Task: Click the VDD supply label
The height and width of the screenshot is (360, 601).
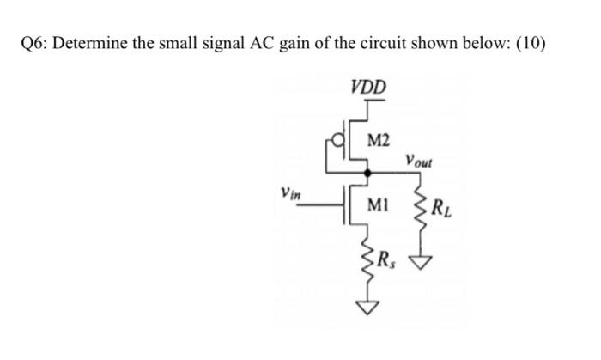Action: click(x=369, y=86)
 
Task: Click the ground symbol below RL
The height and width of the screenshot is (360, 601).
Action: click(x=421, y=261)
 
